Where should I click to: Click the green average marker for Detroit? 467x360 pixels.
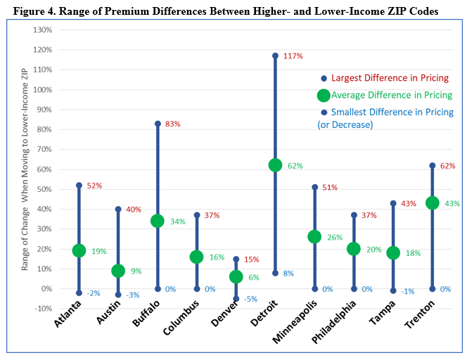click(x=275, y=165)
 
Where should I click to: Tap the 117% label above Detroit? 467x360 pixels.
click(x=293, y=56)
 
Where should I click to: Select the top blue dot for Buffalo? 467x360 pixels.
click(x=158, y=124)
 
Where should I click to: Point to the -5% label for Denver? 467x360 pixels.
click(x=250, y=299)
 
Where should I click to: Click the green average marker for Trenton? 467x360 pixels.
click(x=433, y=203)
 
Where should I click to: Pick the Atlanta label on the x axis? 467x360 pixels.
click(x=68, y=314)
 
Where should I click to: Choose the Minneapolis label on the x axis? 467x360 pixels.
click(x=295, y=322)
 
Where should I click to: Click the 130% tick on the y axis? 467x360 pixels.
click(x=42, y=30)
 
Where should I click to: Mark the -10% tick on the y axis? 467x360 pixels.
click(x=43, y=309)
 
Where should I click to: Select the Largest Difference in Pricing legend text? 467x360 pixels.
click(x=390, y=78)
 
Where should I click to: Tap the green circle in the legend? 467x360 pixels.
click(x=324, y=96)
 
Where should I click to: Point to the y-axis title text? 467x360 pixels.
click(x=25, y=169)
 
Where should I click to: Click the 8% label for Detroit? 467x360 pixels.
click(x=288, y=274)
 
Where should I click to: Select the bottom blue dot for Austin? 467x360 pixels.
click(x=118, y=295)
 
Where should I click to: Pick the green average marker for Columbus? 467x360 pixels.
click(x=196, y=257)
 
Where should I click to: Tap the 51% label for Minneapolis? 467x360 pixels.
click(x=330, y=188)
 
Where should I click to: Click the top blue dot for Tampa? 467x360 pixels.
click(x=393, y=203)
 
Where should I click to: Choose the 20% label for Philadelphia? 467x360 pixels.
click(x=373, y=250)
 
